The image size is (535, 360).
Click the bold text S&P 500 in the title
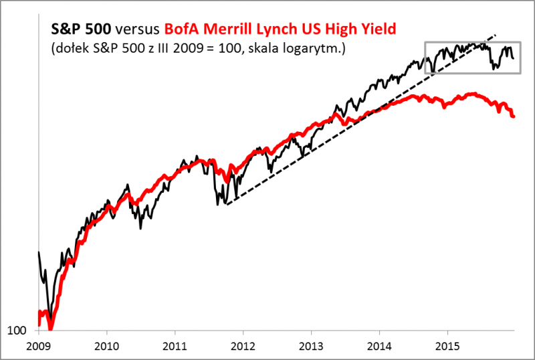[x=76, y=29]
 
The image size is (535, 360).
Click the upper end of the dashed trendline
[x=496, y=33]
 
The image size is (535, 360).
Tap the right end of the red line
[x=514, y=116]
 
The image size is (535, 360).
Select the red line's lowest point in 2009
[x=51, y=329]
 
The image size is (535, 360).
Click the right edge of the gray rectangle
[x=521, y=58]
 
